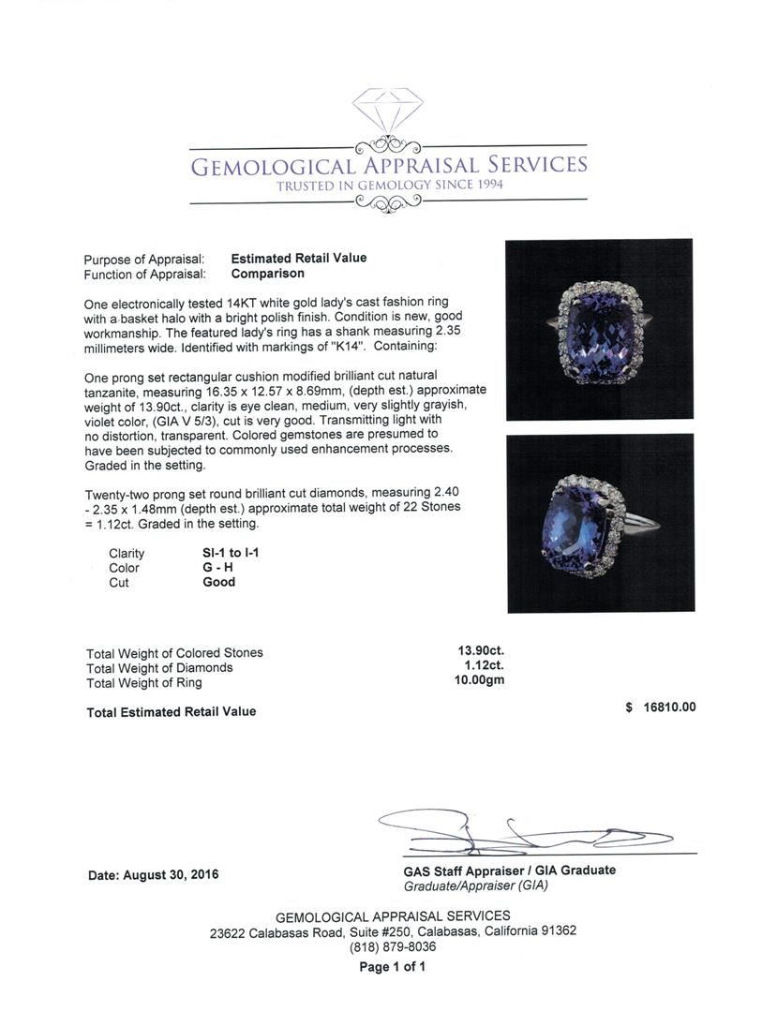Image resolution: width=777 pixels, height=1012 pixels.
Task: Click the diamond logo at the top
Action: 387,112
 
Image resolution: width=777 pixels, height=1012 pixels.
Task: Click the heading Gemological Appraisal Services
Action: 389,167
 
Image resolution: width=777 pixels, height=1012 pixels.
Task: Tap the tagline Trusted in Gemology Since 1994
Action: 389,186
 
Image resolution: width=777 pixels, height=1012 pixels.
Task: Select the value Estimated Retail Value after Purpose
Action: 299,259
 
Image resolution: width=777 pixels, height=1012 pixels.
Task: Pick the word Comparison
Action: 268,274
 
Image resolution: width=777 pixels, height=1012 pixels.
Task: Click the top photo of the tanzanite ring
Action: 599,329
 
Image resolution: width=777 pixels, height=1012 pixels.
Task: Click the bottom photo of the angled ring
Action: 600,523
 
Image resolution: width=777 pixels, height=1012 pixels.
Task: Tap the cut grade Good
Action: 219,582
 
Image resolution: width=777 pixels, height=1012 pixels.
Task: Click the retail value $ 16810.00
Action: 661,708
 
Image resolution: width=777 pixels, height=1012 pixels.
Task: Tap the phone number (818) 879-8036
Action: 392,946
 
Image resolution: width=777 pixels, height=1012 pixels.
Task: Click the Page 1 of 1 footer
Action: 392,966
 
